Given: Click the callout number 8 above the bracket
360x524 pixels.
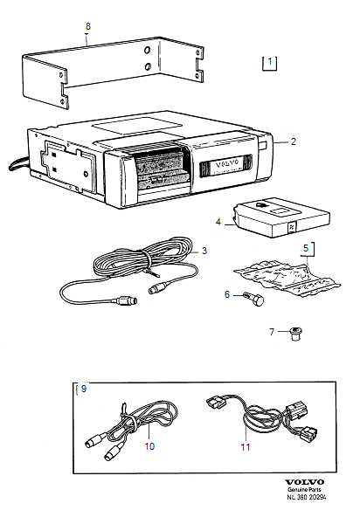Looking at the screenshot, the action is (x=88, y=26).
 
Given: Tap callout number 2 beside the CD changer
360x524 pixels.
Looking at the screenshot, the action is (x=293, y=141).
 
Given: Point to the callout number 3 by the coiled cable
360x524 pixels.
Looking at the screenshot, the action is (x=204, y=251).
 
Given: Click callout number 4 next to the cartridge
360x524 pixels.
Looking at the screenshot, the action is (x=218, y=222).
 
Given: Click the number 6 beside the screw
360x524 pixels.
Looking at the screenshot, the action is (x=227, y=294).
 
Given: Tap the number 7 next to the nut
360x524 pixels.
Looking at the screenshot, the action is (x=272, y=332).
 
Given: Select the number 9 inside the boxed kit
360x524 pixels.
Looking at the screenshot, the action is (x=84, y=389).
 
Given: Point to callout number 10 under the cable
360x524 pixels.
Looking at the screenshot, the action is (x=149, y=446).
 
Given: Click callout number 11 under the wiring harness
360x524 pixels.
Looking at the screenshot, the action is (x=246, y=447).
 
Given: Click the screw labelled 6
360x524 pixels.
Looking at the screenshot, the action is (x=253, y=298).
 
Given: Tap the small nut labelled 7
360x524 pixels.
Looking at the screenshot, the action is (x=295, y=334).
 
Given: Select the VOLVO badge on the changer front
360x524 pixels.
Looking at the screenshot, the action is (x=227, y=164).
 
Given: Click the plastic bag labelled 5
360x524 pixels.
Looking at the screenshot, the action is (x=287, y=278).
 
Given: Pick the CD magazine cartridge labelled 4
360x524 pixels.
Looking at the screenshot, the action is (x=281, y=217).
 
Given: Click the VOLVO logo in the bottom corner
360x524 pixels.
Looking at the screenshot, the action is (x=304, y=482).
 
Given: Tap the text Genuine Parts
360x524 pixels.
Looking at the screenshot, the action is (x=304, y=490).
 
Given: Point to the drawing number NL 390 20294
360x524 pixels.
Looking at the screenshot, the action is (x=307, y=497).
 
